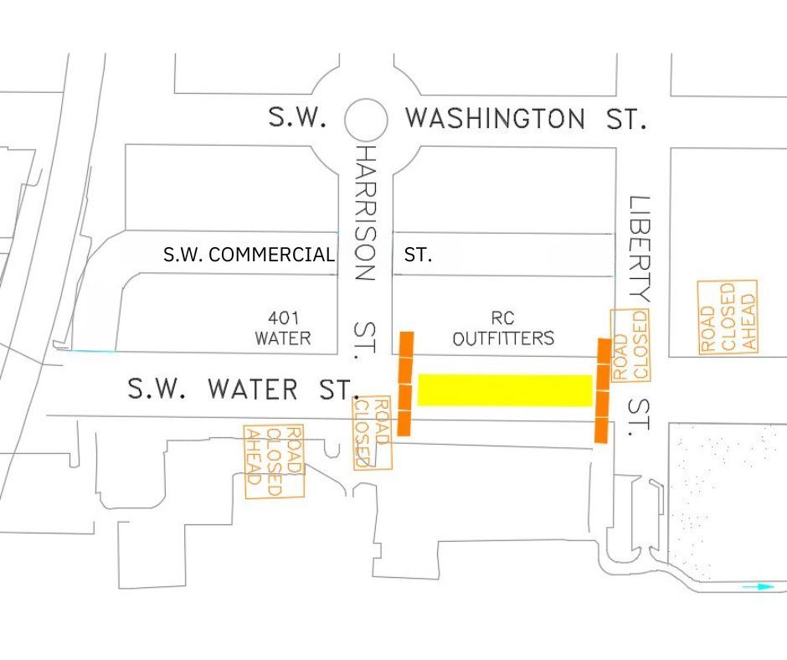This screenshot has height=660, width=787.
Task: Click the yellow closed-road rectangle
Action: point(505,390)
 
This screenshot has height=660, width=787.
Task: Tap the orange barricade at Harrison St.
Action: point(405,384)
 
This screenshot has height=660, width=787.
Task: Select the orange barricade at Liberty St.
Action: point(602,390)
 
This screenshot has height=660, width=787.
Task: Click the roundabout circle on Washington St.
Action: point(366,120)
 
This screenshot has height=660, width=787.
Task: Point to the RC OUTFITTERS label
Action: point(503,329)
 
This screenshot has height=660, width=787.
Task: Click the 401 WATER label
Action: point(283,328)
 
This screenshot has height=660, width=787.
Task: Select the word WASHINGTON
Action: point(495,118)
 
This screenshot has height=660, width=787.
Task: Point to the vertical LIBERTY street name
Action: point(639,248)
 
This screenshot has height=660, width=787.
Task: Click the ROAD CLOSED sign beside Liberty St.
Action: point(630,345)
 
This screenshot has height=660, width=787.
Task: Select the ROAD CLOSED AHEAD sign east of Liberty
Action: point(728,317)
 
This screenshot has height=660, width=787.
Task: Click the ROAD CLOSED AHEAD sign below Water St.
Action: point(274,461)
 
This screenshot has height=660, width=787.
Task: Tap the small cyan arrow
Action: point(759,587)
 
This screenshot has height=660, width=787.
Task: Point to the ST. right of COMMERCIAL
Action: point(419,255)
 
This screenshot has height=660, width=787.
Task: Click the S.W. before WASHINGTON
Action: point(297,117)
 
